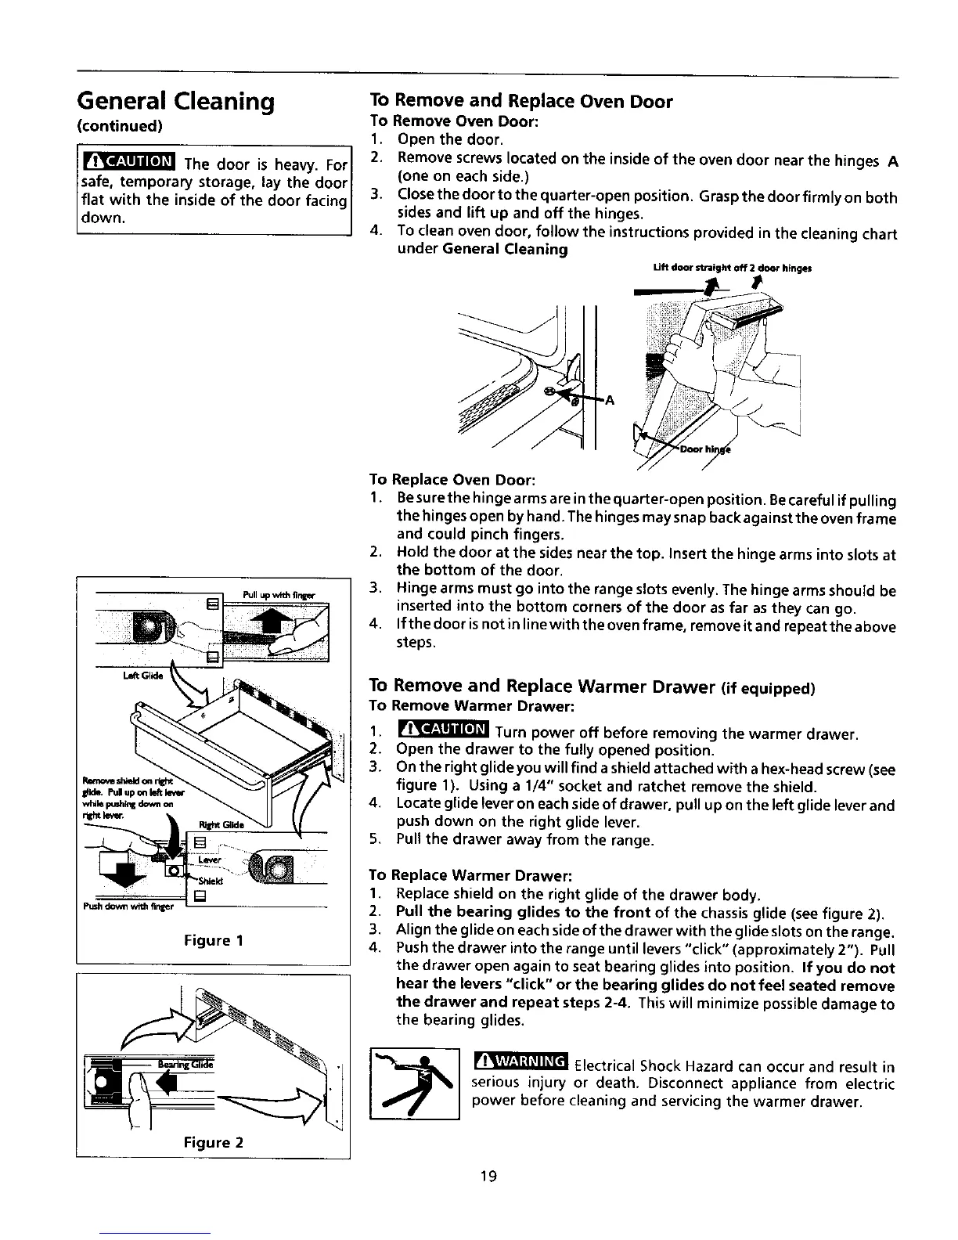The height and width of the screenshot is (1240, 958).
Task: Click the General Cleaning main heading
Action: (175, 101)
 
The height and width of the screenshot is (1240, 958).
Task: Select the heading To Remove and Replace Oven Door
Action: (520, 102)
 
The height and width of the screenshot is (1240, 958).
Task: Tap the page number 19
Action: (489, 1177)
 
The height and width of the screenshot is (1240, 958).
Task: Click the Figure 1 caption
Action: (213, 940)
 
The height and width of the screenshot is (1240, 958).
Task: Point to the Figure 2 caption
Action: (213, 1142)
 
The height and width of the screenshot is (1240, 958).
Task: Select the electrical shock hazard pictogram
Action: (414, 1083)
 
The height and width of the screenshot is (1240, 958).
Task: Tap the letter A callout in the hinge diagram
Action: (610, 401)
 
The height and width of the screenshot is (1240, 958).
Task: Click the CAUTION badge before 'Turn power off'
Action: (443, 731)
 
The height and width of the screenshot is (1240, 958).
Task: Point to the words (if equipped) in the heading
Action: (764, 688)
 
